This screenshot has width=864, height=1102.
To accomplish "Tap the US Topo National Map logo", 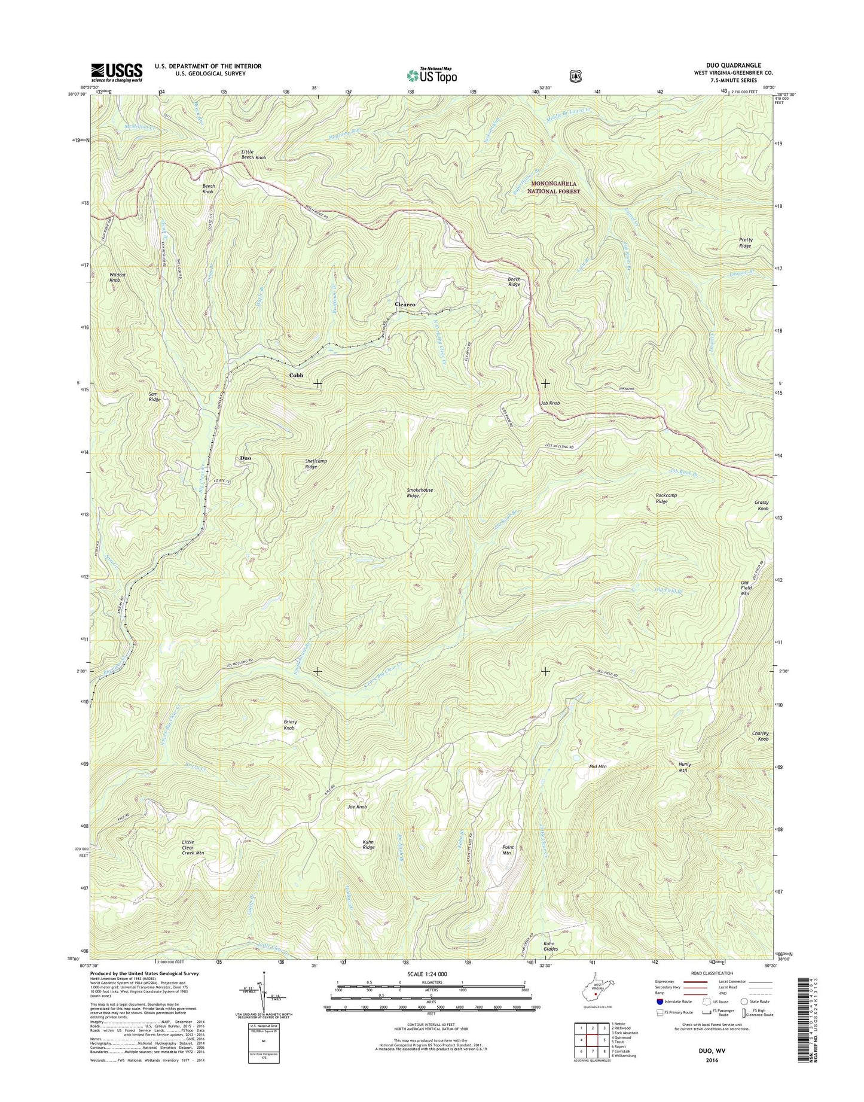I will (x=432, y=75).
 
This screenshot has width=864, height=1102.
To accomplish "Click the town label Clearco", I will (x=405, y=305).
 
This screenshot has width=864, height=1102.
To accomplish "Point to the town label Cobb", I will (x=296, y=375).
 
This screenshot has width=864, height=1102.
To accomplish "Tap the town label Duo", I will (x=245, y=458).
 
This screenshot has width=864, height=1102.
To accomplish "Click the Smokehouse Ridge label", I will (x=420, y=493).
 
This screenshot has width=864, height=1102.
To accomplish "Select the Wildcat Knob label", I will (x=118, y=278).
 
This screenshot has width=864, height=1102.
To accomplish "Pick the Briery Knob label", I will (x=290, y=725).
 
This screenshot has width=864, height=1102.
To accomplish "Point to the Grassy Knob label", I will (x=761, y=506).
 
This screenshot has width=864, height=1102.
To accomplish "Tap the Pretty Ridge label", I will (x=745, y=243).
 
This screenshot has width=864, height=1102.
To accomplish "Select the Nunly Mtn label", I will (x=684, y=767).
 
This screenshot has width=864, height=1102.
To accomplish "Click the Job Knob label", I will (x=549, y=403).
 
